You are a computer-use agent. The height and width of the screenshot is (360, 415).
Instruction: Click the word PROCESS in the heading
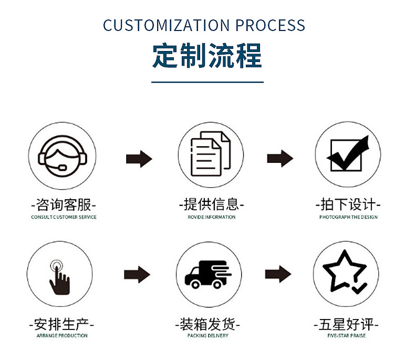click(271, 26)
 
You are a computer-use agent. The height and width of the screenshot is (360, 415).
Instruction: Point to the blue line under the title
click(207, 82)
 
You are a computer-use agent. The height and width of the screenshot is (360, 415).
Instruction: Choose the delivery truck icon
click(208, 274)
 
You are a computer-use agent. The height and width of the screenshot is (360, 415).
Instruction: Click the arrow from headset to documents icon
click(139, 158)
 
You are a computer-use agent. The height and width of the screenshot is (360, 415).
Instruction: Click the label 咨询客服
click(64, 204)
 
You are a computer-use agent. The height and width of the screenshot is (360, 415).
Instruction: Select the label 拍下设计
click(348, 204)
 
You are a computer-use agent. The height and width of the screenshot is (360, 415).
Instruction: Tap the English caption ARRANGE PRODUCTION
click(62, 335)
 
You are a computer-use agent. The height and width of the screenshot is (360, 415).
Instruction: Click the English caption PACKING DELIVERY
click(208, 335)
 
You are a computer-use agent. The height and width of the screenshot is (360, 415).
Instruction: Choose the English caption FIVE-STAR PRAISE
click(346, 335)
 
